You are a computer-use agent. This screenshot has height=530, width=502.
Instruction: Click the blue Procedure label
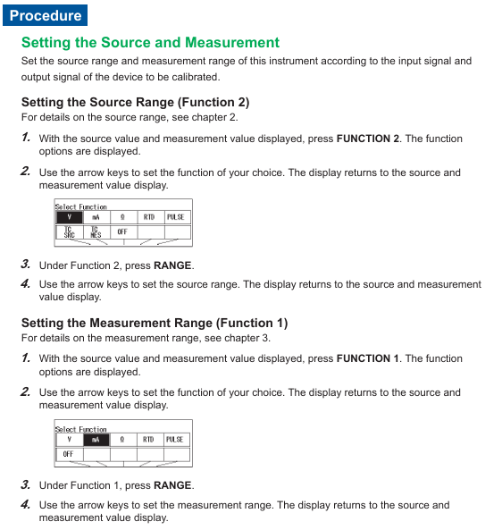[x=45, y=15]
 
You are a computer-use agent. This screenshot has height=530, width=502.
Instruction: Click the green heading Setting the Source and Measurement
[x=150, y=43]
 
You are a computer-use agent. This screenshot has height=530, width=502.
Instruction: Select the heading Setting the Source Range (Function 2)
[x=135, y=102]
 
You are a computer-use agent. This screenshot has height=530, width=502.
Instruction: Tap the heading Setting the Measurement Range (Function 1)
[x=155, y=323]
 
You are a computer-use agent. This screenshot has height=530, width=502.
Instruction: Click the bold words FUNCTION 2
[x=368, y=139]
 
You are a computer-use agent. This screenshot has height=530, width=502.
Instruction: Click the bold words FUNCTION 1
[x=368, y=358]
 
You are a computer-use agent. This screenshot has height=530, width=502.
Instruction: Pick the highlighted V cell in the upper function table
[x=70, y=217]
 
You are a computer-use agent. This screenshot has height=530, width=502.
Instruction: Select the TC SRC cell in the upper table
[x=70, y=232]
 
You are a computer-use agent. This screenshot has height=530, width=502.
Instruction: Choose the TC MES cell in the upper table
[x=96, y=232]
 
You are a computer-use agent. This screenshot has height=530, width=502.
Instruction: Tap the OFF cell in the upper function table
[x=122, y=231]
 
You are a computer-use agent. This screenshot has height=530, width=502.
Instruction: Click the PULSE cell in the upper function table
[x=176, y=217]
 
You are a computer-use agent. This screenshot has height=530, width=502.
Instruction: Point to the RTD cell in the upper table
[x=149, y=217]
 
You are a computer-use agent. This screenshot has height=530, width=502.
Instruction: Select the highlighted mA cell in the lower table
[x=96, y=440]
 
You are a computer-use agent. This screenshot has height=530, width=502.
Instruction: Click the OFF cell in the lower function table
[x=68, y=454]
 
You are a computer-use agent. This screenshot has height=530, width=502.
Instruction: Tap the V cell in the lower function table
[x=70, y=440]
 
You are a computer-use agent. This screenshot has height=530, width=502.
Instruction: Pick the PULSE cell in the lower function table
[x=175, y=440]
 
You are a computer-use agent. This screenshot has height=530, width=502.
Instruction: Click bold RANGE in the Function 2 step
[x=172, y=265]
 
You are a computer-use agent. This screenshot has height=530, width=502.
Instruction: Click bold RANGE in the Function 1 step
[x=172, y=485]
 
